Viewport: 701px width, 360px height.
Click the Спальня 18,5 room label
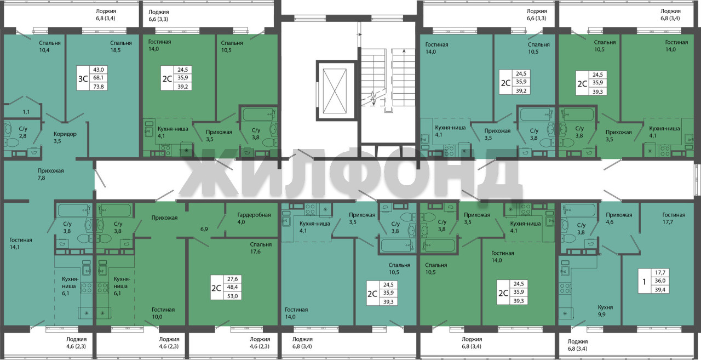coord(121,47)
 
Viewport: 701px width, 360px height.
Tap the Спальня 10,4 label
coord(50,47)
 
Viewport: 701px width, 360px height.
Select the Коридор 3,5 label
coord(65,138)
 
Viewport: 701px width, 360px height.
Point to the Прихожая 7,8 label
coord(50,174)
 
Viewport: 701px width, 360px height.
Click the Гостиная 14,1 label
coord(21,243)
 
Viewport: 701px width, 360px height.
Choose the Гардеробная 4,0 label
coord(254,219)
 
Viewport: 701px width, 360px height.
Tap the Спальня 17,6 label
coord(261,248)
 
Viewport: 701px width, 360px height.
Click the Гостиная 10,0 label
coord(163,313)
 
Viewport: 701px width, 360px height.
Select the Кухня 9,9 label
coord(605,311)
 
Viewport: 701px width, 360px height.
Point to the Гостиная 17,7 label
coord(674,218)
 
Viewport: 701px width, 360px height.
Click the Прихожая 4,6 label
coord(619,218)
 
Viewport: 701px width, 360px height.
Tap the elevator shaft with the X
coord(335,91)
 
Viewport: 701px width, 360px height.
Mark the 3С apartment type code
coord(83,78)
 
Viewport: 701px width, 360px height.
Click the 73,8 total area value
coord(98,87)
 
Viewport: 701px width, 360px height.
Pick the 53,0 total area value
coord(233,296)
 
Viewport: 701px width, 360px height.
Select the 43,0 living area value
coord(98,70)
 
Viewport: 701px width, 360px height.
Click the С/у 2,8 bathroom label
coord(23,133)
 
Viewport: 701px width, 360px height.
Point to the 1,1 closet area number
coord(26,111)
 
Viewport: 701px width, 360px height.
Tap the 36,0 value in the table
coord(660,281)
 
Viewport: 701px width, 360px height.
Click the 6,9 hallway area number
coord(204,229)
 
